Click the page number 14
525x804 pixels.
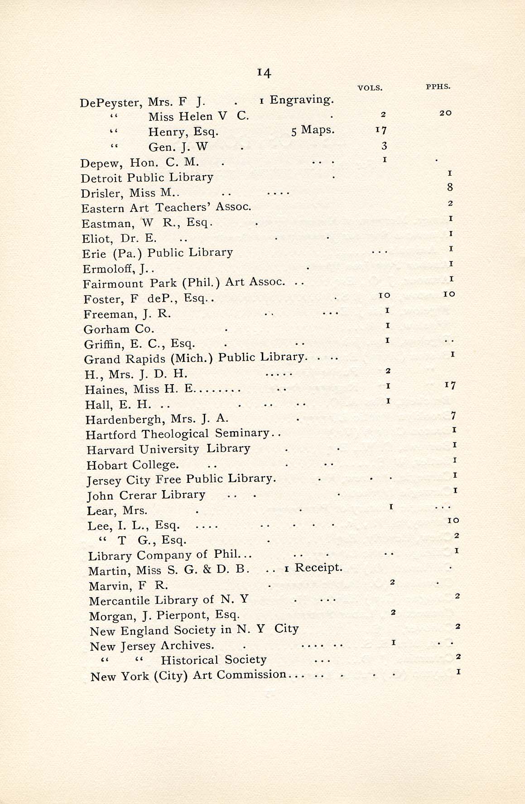(264, 72)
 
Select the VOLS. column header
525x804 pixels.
(370, 88)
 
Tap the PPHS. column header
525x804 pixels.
(438, 87)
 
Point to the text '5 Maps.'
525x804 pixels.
(313, 130)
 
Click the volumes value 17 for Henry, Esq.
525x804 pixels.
(381, 130)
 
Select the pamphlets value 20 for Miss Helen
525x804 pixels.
(445, 113)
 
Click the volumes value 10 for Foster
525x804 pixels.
(384, 296)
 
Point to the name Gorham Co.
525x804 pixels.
(119, 329)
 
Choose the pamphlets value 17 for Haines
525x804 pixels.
(450, 385)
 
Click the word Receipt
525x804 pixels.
(318, 568)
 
